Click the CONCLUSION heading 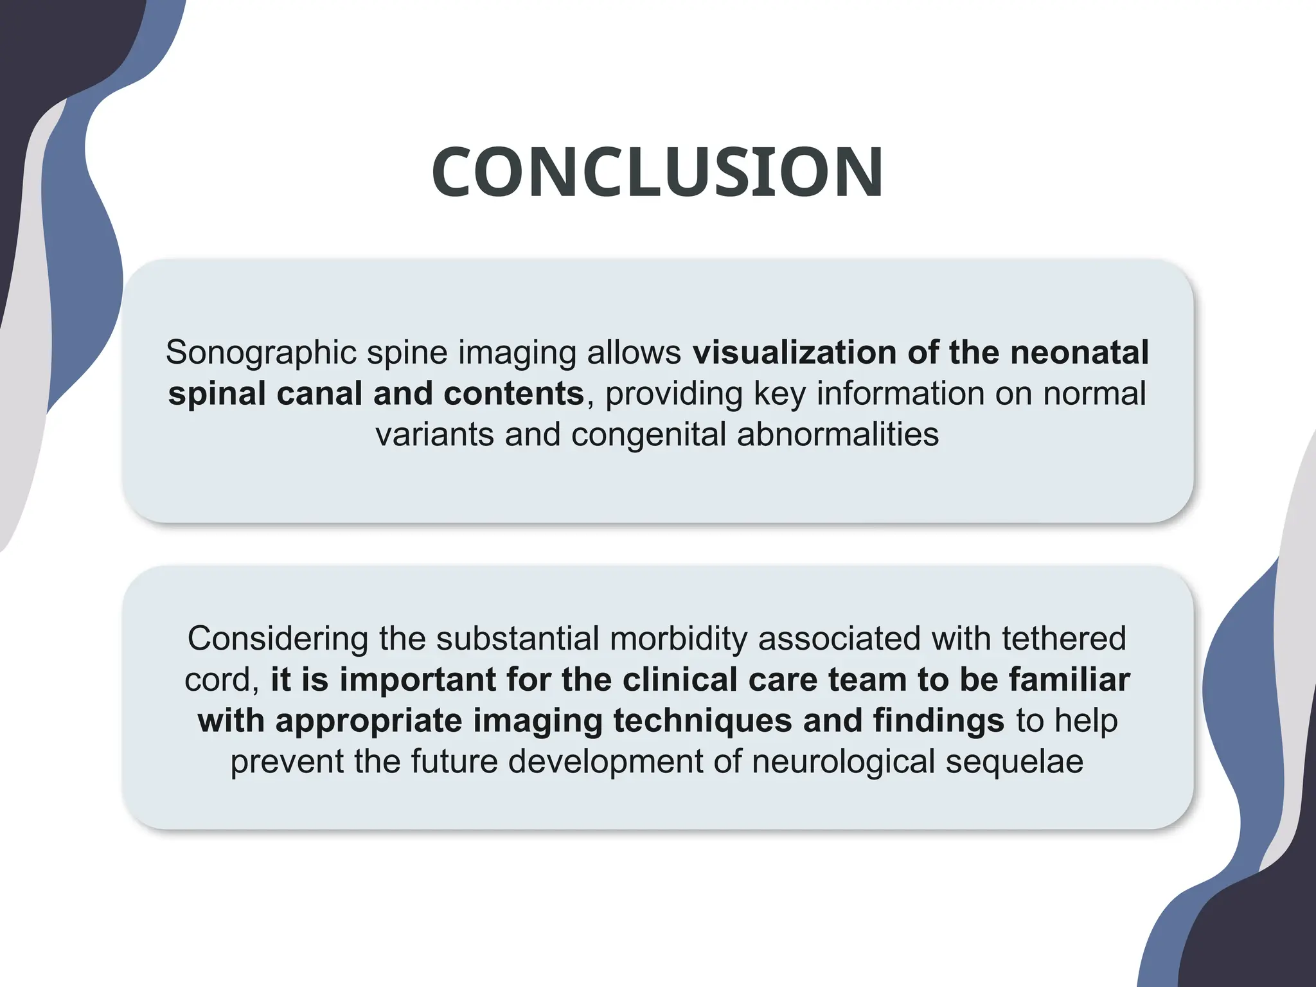[657, 172]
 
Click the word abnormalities [838, 435]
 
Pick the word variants [434, 435]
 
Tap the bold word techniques [702, 721]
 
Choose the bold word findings [938, 721]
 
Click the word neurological [843, 762]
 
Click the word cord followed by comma [220, 680]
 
